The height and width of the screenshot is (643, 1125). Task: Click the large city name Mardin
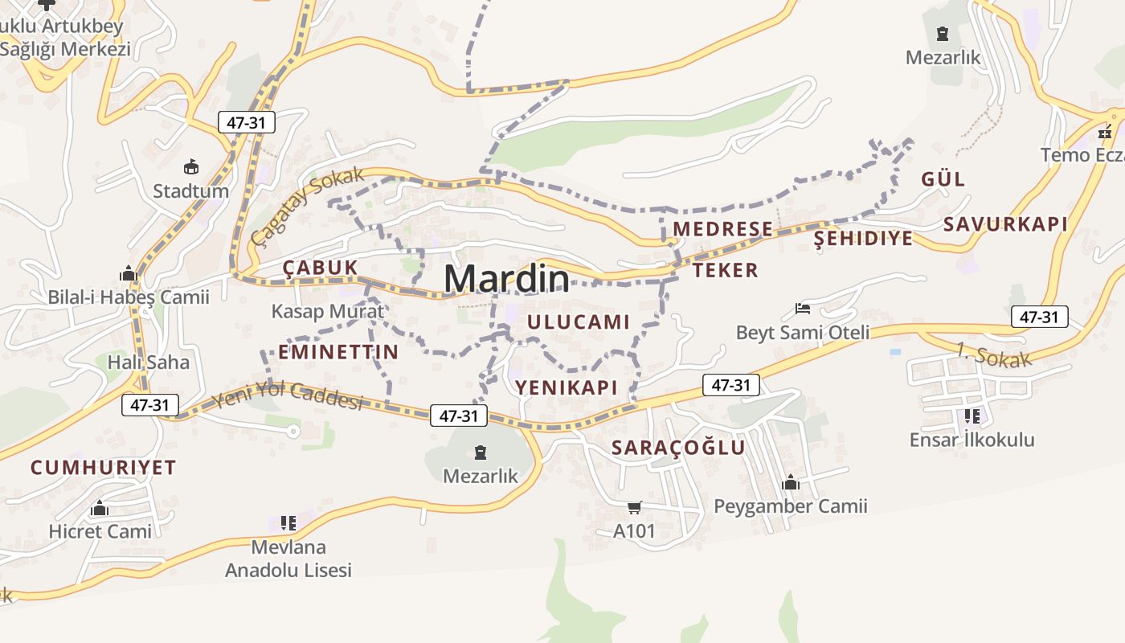coord(506,279)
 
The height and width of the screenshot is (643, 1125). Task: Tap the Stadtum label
coord(190,191)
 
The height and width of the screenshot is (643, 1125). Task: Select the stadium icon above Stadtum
coord(191,167)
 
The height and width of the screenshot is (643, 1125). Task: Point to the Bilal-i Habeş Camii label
coord(129,297)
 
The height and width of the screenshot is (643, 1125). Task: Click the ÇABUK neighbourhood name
coord(320,268)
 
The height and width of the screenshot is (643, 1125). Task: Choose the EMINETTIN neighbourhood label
coord(338,351)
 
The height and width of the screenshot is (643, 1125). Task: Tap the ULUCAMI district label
coord(579,322)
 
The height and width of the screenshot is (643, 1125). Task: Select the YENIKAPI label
coord(567,387)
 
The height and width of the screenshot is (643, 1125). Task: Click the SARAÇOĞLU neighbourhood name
coord(679,448)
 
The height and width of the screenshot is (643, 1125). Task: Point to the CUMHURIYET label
coord(103,468)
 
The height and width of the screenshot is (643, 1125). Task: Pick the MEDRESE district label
coord(722,229)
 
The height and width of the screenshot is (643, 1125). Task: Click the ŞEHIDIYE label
coord(864,238)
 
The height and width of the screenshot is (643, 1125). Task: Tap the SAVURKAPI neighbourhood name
coord(1005,224)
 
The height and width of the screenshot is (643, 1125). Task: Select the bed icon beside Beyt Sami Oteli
coord(802,308)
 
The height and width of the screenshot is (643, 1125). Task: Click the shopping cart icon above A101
coord(635,507)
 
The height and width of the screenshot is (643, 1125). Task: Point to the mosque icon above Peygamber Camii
coord(791,483)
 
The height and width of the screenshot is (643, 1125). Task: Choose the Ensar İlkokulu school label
coord(972,440)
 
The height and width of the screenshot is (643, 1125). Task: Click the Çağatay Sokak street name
coord(306,206)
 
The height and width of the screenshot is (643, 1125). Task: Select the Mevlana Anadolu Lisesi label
coord(288,559)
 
